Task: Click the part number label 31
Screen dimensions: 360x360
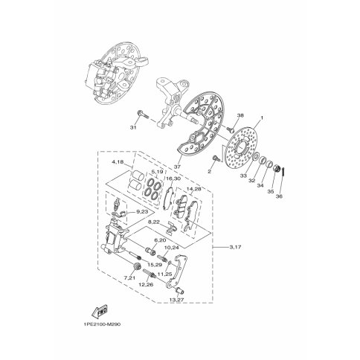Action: (x=135, y=127)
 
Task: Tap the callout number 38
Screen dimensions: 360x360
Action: (x=240, y=115)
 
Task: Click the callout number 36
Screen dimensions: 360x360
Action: (x=280, y=196)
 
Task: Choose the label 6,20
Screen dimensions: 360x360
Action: (x=159, y=241)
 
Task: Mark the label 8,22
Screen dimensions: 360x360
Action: (x=155, y=221)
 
